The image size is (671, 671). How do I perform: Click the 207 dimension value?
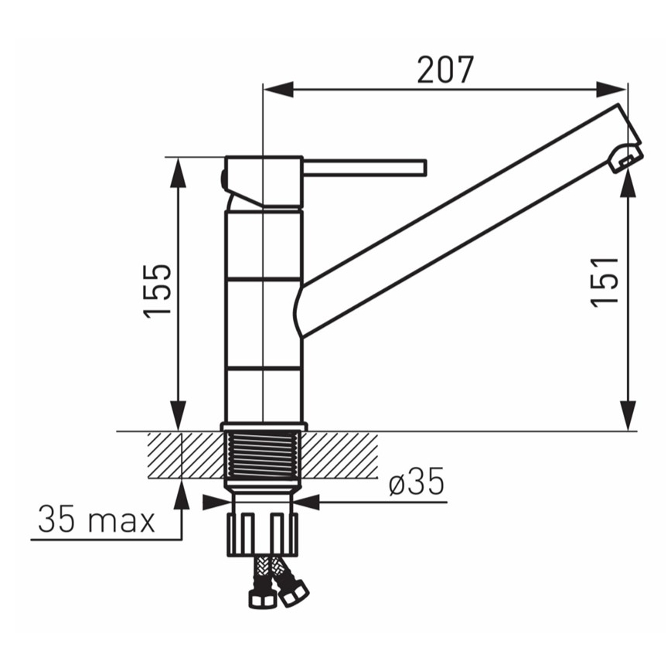(445, 70)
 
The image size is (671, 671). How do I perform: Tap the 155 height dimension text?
(158, 291)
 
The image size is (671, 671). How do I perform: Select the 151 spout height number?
(605, 281)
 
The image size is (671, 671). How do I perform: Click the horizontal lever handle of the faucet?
(365, 167)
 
